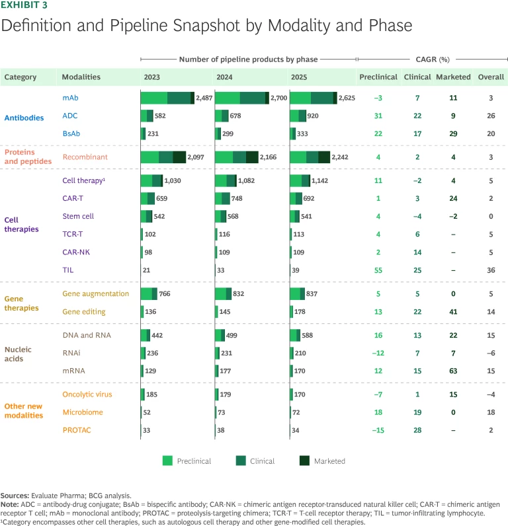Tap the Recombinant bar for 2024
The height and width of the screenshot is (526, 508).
236,157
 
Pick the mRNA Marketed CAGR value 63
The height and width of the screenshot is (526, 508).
452,371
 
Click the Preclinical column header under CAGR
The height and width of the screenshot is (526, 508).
378,77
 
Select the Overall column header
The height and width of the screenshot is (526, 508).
491,77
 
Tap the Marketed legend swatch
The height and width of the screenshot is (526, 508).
310,461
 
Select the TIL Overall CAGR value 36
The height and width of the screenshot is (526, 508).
491,270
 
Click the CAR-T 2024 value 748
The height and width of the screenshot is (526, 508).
240,198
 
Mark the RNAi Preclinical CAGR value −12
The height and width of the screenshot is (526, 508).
378,353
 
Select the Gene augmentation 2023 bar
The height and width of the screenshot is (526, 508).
149,294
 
